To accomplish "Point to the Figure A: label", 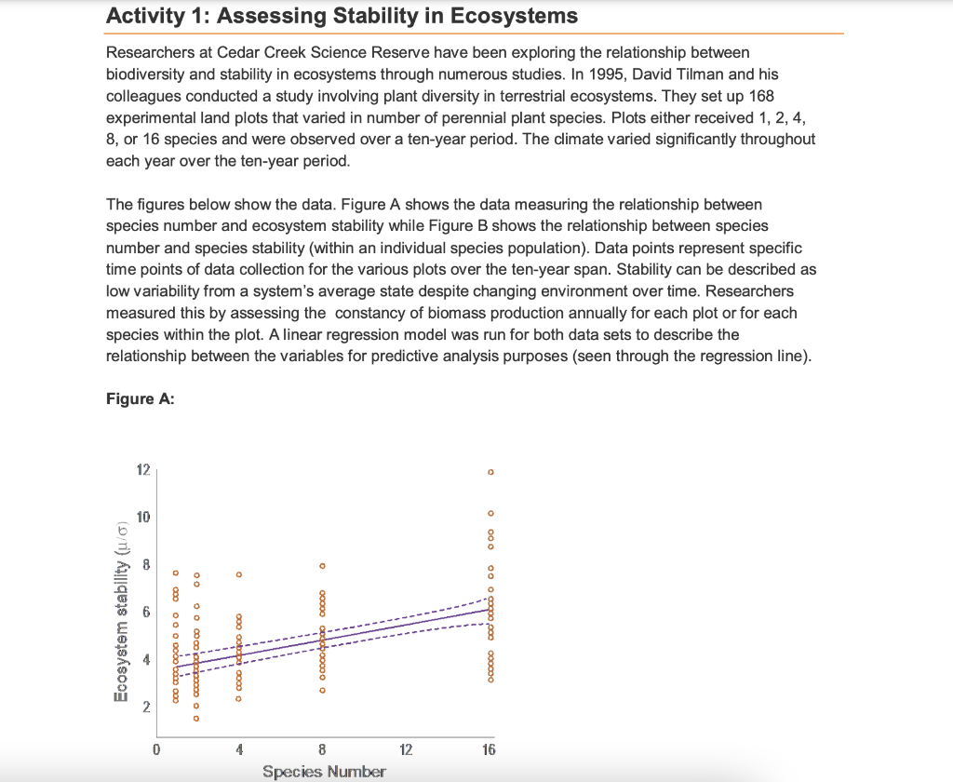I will coord(141,398).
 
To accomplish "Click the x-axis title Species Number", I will coord(324,771).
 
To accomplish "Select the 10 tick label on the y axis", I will coord(143,517).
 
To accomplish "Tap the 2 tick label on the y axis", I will coord(145,708).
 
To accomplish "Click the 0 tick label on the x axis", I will coord(157,748).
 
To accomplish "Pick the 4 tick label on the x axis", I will coord(239,748).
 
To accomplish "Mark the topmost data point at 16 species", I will coord(490,472).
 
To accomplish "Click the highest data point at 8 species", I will coord(323,565).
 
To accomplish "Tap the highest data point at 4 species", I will coord(239,574).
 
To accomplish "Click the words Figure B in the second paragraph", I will coord(583,226).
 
